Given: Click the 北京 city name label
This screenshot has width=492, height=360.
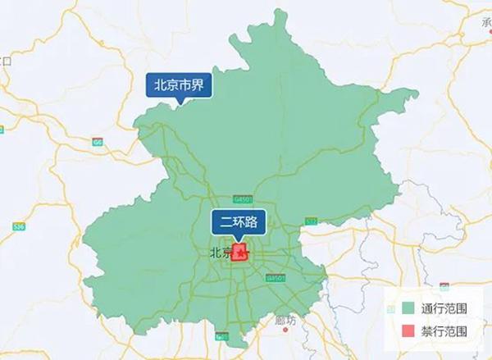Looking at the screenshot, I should click(220, 253).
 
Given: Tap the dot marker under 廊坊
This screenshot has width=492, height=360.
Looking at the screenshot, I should click(285, 330).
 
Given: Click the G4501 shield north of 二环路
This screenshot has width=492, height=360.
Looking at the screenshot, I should click(242, 198).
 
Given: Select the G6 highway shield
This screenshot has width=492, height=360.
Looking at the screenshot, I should click(98, 141).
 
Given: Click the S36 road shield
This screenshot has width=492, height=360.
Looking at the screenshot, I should click(18, 226).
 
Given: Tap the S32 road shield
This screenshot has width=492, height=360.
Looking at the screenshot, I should click(311, 221).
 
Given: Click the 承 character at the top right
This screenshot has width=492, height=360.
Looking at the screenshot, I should click(486, 22).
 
